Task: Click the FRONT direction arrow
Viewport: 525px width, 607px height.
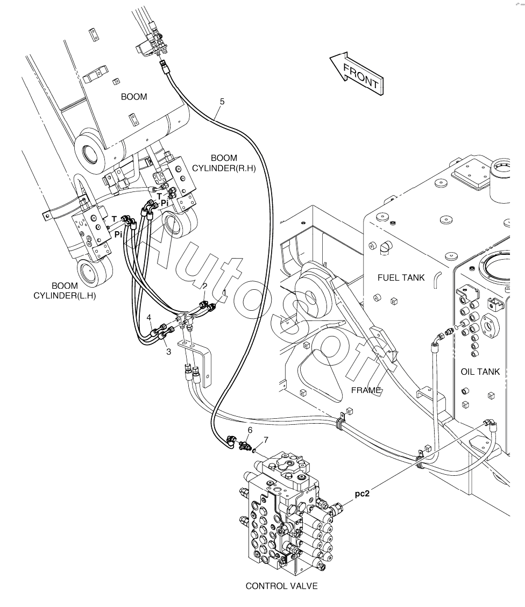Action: pos(357,73)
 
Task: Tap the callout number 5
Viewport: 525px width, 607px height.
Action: pos(222,101)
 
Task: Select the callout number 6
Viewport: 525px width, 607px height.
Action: pos(250,430)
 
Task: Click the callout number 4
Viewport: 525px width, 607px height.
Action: pos(149,317)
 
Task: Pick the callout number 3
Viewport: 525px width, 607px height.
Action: pos(168,352)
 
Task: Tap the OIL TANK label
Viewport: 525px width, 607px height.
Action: pos(480,372)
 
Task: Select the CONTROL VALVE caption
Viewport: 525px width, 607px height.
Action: pos(281,585)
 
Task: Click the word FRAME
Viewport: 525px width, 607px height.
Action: pos(366,390)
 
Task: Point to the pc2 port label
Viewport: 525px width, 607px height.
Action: pos(362,493)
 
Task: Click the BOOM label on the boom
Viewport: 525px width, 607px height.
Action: pos(134,97)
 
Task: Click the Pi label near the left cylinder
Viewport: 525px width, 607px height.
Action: pos(118,234)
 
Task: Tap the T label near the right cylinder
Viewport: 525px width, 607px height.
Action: pos(160,196)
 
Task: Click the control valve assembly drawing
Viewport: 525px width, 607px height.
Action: pos(282,511)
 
